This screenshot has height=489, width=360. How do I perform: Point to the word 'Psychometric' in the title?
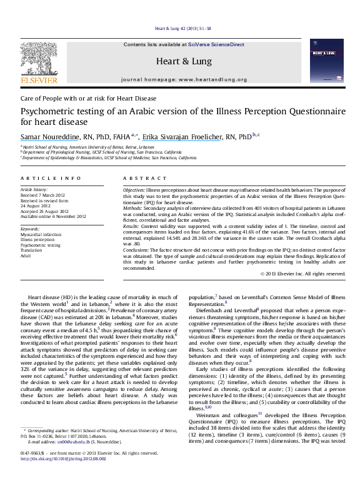[47, 112]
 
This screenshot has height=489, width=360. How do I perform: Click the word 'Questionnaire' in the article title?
[310, 112]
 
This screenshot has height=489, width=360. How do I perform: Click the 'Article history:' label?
[34, 189]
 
